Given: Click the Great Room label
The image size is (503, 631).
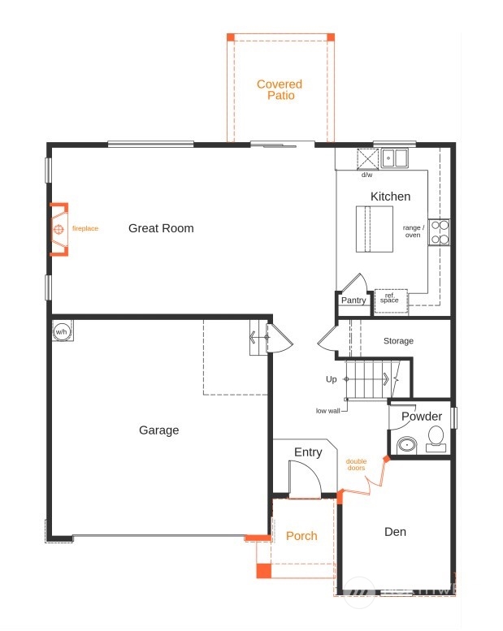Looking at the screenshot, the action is pyautogui.click(x=161, y=228).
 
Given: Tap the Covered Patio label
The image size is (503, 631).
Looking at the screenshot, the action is pyautogui.click(x=280, y=90).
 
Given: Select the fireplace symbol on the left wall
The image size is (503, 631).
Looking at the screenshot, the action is pyautogui.click(x=59, y=229).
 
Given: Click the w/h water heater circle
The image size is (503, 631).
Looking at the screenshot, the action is pyautogui.click(x=61, y=331).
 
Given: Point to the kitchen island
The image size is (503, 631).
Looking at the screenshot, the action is pyautogui.click(x=374, y=229).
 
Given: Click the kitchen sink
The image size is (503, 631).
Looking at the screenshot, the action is pyautogui.click(x=395, y=158).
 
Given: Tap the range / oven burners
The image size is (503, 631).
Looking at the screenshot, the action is pyautogui.click(x=440, y=232).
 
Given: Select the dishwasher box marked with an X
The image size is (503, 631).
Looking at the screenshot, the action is pyautogui.click(x=367, y=158).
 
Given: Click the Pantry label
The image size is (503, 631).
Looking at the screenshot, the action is pyautogui.click(x=353, y=300).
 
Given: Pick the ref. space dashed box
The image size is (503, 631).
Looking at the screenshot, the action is pyautogui.click(x=391, y=301).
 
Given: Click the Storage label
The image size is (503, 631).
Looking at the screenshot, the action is pyautogui.click(x=398, y=341).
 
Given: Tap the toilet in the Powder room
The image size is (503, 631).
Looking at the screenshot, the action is pyautogui.click(x=436, y=439).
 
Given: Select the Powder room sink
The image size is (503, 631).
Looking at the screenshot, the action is pyautogui.click(x=408, y=446).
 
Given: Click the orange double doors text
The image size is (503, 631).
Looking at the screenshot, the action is pyautogui.click(x=357, y=465).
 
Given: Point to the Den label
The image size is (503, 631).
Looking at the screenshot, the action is pyautogui.click(x=395, y=532).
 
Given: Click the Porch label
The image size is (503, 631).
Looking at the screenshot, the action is pyautogui.click(x=301, y=536).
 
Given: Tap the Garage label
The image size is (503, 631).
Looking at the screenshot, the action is pyautogui.click(x=158, y=430).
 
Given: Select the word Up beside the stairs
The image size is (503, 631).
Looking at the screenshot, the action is pyautogui.click(x=331, y=379).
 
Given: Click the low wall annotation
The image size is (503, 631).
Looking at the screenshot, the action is pyautogui.click(x=327, y=411).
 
